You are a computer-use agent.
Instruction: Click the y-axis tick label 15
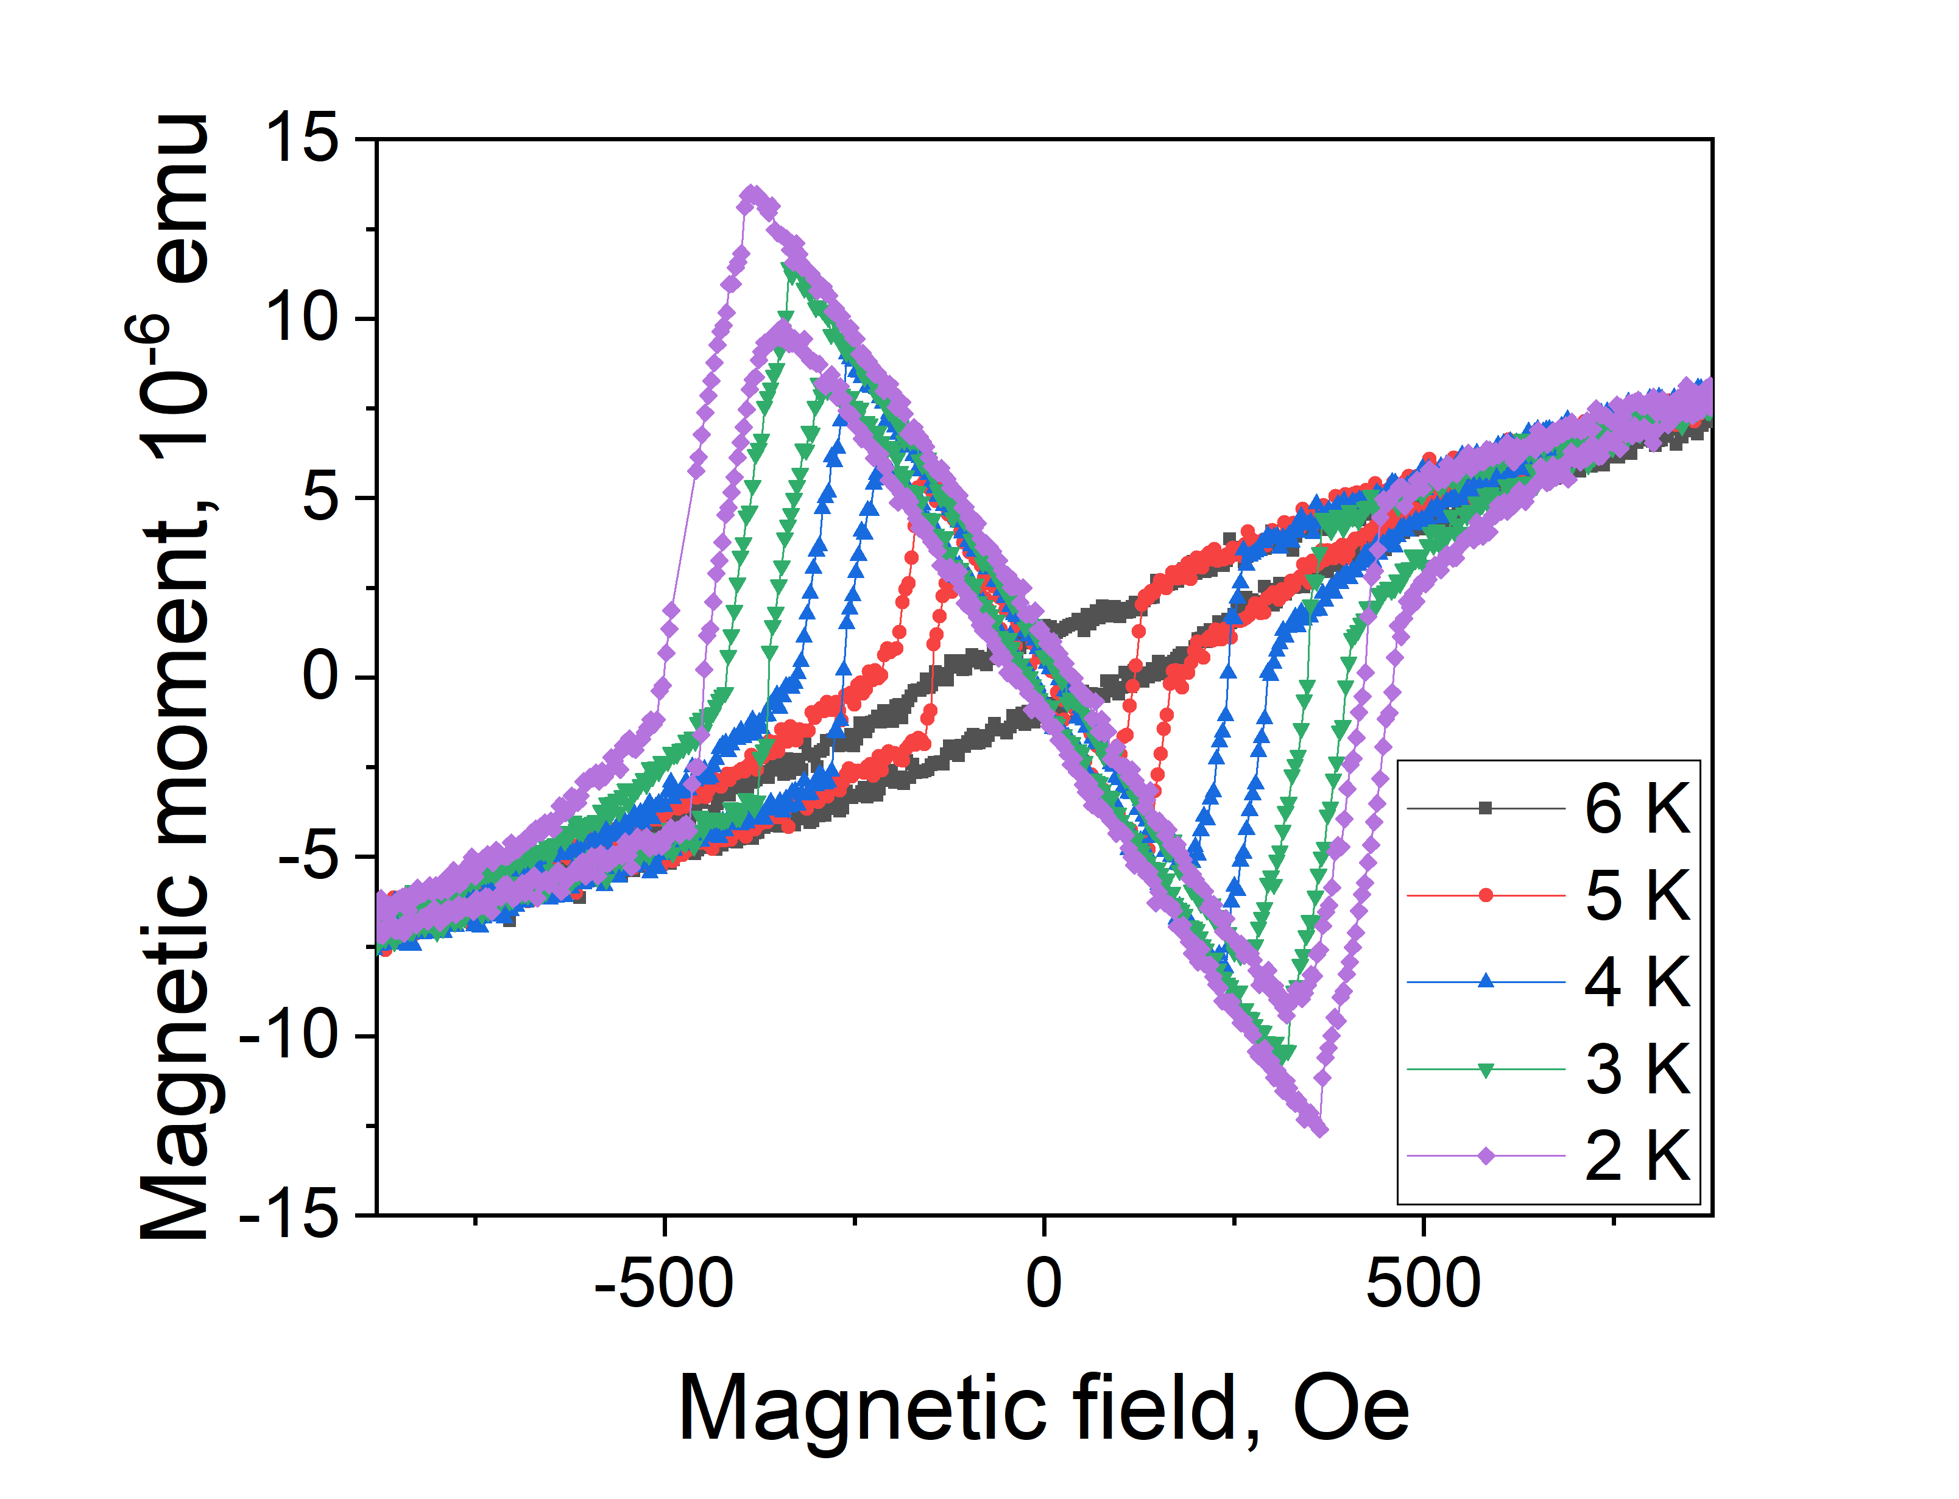click(x=302, y=139)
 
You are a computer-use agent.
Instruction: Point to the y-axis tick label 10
click(x=302, y=319)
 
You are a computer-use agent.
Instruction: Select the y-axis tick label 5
click(x=321, y=497)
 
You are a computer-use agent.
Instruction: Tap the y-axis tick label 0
click(x=321, y=676)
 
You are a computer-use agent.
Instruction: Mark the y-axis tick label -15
click(x=290, y=1215)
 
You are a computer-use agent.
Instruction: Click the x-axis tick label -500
click(x=664, y=1283)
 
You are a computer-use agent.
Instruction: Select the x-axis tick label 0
click(x=1043, y=1283)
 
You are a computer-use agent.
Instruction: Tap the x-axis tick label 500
click(x=1423, y=1283)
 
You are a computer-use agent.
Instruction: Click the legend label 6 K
click(x=1637, y=809)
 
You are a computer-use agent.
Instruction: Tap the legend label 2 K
click(x=1637, y=1155)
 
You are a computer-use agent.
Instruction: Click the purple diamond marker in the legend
click(x=1485, y=1155)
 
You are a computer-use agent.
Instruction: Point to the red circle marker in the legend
click(x=1485, y=895)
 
